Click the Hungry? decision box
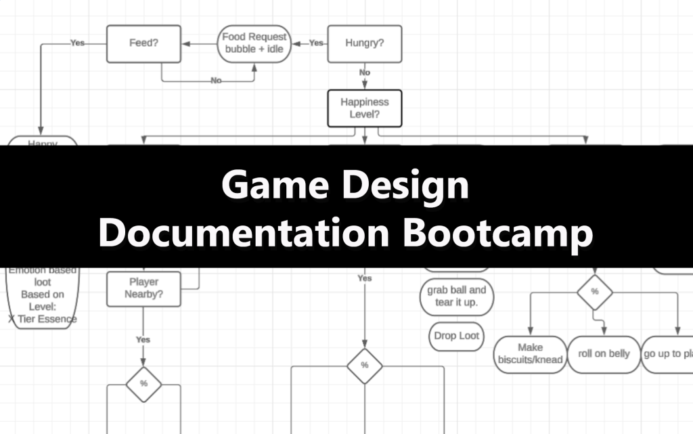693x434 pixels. click(x=364, y=43)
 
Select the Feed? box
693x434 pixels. click(x=143, y=43)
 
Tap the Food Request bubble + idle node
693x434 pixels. click(x=254, y=43)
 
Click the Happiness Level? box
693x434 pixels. click(x=364, y=108)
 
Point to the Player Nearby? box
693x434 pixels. click(x=143, y=288)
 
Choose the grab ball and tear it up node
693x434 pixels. click(x=457, y=297)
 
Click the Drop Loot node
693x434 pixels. click(x=457, y=336)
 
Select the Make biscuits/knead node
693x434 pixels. click(x=531, y=354)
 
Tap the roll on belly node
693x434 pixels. click(x=604, y=354)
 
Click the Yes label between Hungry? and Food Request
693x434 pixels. click(x=316, y=43)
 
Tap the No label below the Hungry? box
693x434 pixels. click(x=365, y=72)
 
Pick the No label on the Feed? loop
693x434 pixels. click(x=216, y=81)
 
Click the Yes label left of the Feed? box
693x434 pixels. click(x=77, y=43)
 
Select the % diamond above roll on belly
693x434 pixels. click(x=595, y=292)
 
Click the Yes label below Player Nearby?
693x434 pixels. click(x=143, y=339)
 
